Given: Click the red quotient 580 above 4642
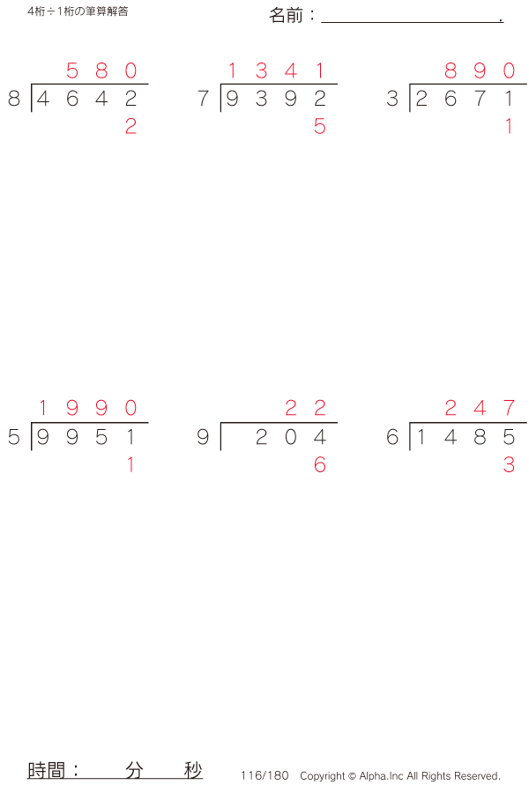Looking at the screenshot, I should pyautogui.click(x=101, y=70).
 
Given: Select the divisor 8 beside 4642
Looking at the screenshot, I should pyautogui.click(x=13, y=99).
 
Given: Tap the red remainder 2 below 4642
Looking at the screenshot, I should pyautogui.click(x=130, y=127).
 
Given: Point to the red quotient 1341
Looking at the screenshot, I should pyautogui.click(x=275, y=70).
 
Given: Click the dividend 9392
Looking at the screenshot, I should pyautogui.click(x=275, y=99).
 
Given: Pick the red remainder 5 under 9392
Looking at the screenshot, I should pyautogui.click(x=319, y=127).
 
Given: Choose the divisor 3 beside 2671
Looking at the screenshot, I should pyautogui.click(x=392, y=99).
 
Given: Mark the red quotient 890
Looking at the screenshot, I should pyautogui.click(x=480, y=70).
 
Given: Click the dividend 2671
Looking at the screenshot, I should pyautogui.click(x=465, y=99).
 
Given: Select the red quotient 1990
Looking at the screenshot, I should pyautogui.click(x=86, y=408).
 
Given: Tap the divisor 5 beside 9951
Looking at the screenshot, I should pyautogui.click(x=13, y=437).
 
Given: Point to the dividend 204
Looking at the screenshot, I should pyautogui.click(x=290, y=437).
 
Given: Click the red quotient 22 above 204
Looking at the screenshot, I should pyautogui.click(x=305, y=408).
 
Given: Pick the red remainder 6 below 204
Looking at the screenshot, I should pyautogui.click(x=319, y=465).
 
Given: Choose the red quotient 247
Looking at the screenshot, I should pyautogui.click(x=480, y=408).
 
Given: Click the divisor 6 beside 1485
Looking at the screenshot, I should pyautogui.click(x=392, y=437).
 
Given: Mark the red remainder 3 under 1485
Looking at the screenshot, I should pyautogui.click(x=509, y=465).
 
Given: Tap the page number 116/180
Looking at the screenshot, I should pyautogui.click(x=264, y=775).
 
